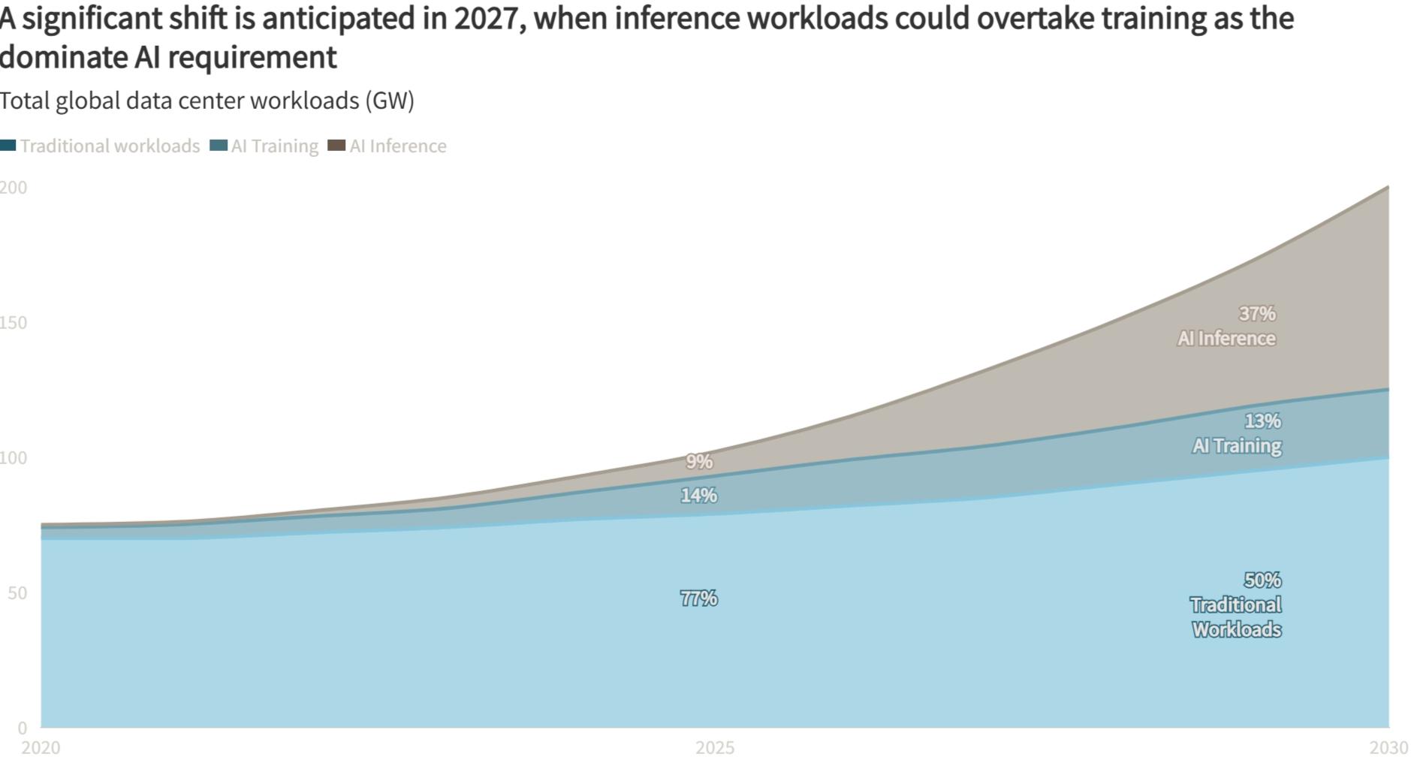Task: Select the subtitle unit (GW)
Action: click(390, 101)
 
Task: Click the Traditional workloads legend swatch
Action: click(8, 146)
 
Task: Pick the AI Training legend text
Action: click(275, 146)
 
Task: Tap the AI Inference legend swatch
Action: click(336, 146)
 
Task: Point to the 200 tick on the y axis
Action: click(14, 188)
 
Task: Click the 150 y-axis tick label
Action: click(14, 323)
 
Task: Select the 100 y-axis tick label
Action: click(14, 458)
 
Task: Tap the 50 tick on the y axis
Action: click(17, 593)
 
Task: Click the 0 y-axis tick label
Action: click(23, 728)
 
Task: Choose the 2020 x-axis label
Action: click(41, 748)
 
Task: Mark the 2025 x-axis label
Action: click(715, 748)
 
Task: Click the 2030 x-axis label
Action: click(1388, 748)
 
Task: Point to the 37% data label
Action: click(1257, 313)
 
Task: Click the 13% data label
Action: click(1262, 421)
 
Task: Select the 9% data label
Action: click(699, 462)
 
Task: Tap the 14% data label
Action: click(698, 496)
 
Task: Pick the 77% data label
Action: click(698, 599)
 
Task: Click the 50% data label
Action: click(1262, 581)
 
